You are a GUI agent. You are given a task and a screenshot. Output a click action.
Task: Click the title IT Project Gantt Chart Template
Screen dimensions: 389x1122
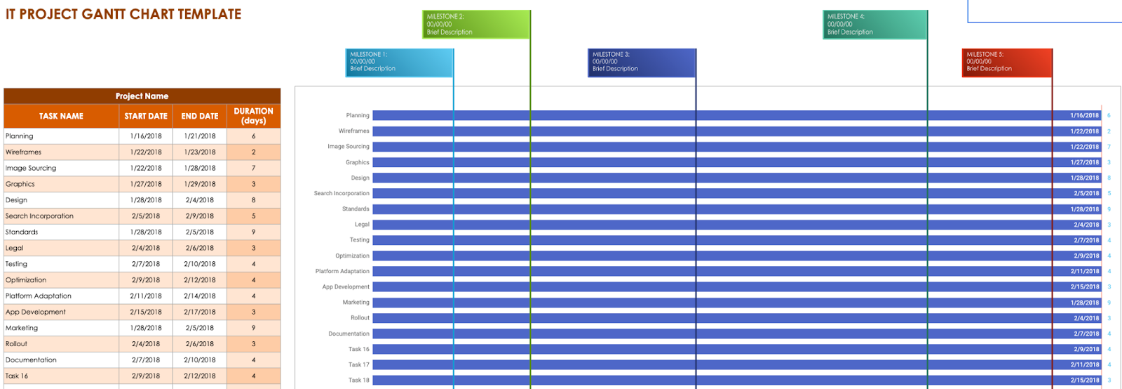coord(123,14)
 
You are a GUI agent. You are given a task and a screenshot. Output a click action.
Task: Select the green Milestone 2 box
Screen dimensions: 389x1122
coord(476,24)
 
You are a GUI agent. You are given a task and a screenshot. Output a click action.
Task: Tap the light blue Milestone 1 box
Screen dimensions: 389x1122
coord(400,62)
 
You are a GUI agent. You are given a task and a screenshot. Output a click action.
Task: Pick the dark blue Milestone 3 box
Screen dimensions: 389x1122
coord(642,62)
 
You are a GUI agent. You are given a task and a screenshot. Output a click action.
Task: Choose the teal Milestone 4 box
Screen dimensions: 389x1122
coord(874,24)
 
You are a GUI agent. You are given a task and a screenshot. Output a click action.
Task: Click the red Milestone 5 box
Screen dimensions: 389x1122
coord(1007,62)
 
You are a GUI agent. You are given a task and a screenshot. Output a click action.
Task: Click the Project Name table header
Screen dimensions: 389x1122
coord(142,96)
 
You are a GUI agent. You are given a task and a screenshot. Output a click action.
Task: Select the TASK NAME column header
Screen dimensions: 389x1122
coord(61,116)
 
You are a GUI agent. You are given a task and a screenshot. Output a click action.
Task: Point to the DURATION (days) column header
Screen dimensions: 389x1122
coord(253,116)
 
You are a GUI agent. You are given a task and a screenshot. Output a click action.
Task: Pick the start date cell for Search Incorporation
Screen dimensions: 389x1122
coord(146,216)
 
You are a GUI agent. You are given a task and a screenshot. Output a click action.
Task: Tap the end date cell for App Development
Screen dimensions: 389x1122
coord(200,312)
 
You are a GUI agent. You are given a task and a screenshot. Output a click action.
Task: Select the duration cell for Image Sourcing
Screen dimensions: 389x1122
coord(253,169)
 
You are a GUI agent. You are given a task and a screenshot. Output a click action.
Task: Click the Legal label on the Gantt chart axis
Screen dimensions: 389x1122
coord(362,225)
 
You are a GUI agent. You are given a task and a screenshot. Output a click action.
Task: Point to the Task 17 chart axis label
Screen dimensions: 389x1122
coord(358,365)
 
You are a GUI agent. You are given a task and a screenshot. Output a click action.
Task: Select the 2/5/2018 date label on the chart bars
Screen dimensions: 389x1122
coord(1086,193)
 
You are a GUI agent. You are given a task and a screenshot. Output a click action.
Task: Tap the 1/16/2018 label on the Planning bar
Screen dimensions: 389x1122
coord(1084,115)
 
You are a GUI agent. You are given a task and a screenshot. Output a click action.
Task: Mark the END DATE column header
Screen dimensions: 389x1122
coord(200,116)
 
